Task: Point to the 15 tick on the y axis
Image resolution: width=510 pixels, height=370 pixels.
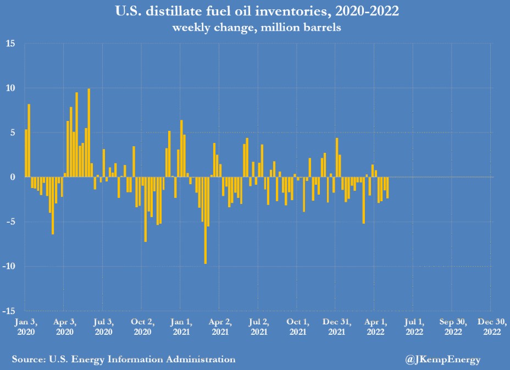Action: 11,43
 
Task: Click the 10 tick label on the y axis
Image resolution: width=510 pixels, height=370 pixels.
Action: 11,88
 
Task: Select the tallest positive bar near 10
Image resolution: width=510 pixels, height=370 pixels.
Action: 89,132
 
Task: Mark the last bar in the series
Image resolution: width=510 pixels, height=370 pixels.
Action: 387,187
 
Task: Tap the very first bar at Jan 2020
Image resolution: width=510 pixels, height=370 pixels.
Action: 26,153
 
